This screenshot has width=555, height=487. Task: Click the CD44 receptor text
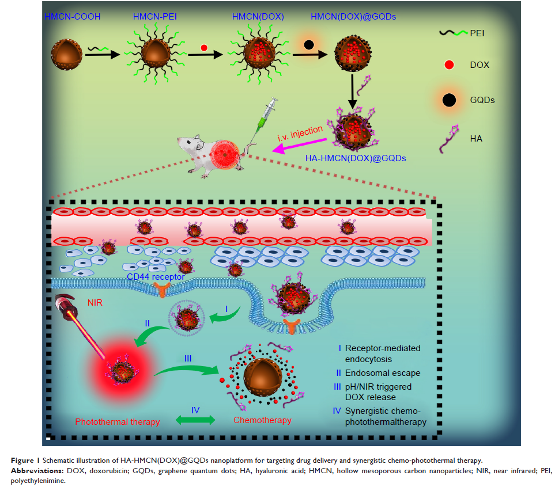[x=156, y=277]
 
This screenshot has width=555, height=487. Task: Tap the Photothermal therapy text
[x=118, y=422]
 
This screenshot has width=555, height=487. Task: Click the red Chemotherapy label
[x=262, y=420]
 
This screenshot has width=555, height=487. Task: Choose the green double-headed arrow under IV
[x=195, y=421]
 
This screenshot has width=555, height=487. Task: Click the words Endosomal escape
[x=383, y=373]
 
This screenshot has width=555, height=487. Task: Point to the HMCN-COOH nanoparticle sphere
[x=65, y=54]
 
